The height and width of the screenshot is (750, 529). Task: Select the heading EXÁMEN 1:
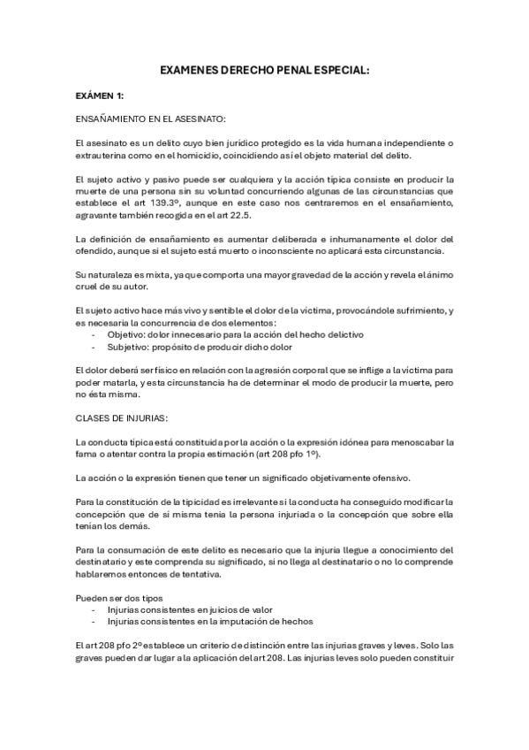pyautogui.click(x=100, y=95)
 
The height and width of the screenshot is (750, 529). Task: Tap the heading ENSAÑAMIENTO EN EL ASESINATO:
pyautogui.click(x=151, y=118)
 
